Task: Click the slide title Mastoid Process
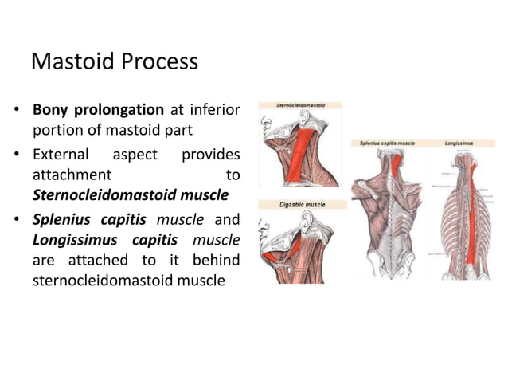pyautogui.click(x=114, y=61)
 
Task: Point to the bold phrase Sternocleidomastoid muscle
pyautogui.click(x=131, y=194)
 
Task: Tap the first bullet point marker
pyautogui.click(x=17, y=110)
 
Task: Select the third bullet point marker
pyautogui.click(x=17, y=218)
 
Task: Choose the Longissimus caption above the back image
pyautogui.click(x=459, y=143)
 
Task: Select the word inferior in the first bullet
pyautogui.click(x=214, y=109)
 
